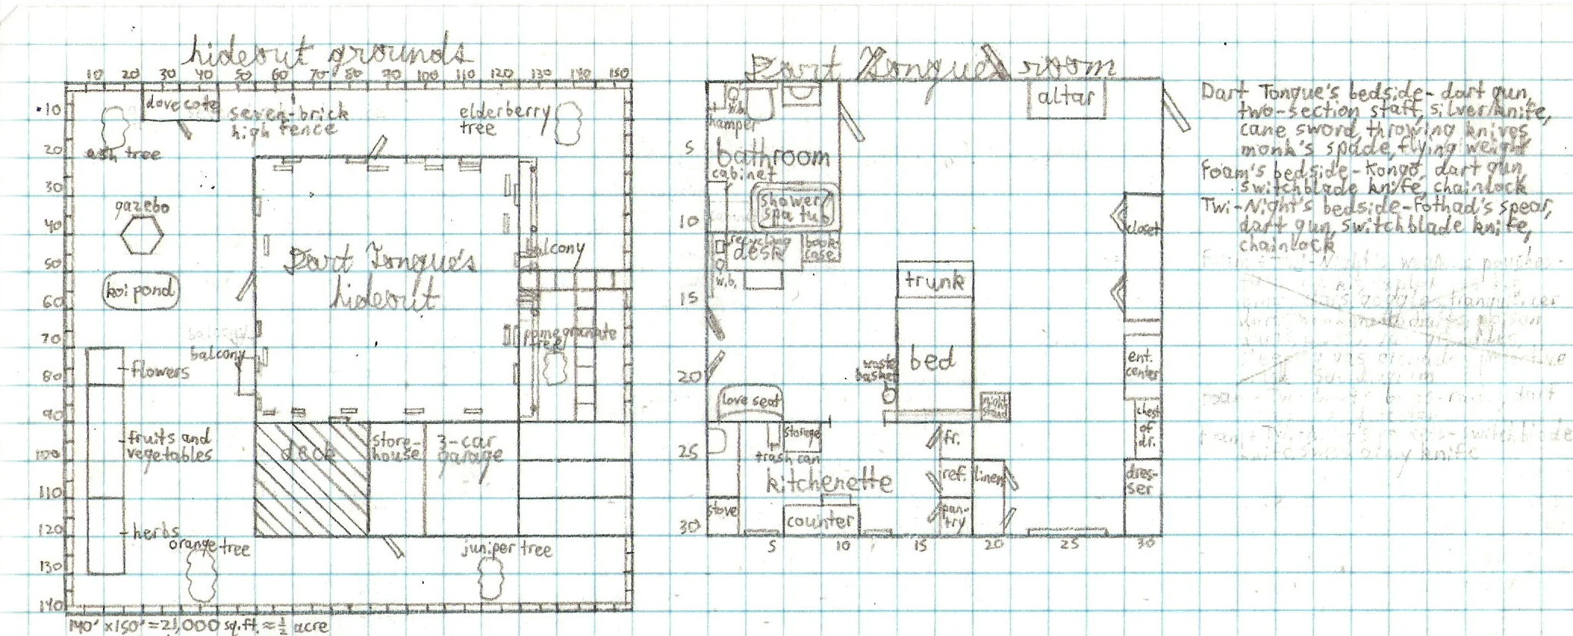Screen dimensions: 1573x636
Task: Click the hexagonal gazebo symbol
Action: click(142, 235)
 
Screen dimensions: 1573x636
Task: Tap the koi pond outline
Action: click(140, 291)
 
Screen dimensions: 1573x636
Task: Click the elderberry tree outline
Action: click(568, 123)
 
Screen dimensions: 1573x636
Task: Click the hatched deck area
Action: click(311, 479)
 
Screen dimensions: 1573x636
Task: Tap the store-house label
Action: click(395, 447)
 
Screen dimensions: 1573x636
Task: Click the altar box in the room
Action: click(1066, 98)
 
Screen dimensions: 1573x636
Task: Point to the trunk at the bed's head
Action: click(935, 281)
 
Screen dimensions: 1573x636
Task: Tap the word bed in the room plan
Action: click(932, 359)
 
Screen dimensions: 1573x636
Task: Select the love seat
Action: click(749, 401)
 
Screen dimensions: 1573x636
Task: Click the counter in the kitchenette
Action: click(820, 520)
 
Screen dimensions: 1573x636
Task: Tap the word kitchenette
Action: click(828, 482)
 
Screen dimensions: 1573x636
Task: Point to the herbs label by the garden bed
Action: click(156, 532)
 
